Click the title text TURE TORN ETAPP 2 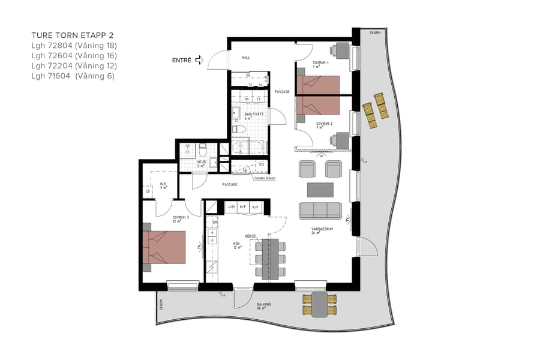tap(72, 35)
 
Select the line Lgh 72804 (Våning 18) tap(74, 46)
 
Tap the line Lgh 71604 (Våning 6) tap(72, 76)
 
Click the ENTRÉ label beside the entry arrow tap(182, 60)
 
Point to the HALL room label tap(245, 58)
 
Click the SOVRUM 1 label tap(320, 63)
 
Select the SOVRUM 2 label tap(324, 124)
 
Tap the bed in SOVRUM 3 tap(164, 247)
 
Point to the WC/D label tap(202, 162)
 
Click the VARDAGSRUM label tap(322, 229)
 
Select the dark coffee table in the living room tap(320, 190)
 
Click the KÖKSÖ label tap(250, 236)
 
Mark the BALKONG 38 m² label tap(264, 306)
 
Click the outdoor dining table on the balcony tap(320, 304)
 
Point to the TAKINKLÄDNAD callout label tap(264, 178)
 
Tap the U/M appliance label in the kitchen tap(232, 207)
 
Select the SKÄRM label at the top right tap(375, 34)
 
